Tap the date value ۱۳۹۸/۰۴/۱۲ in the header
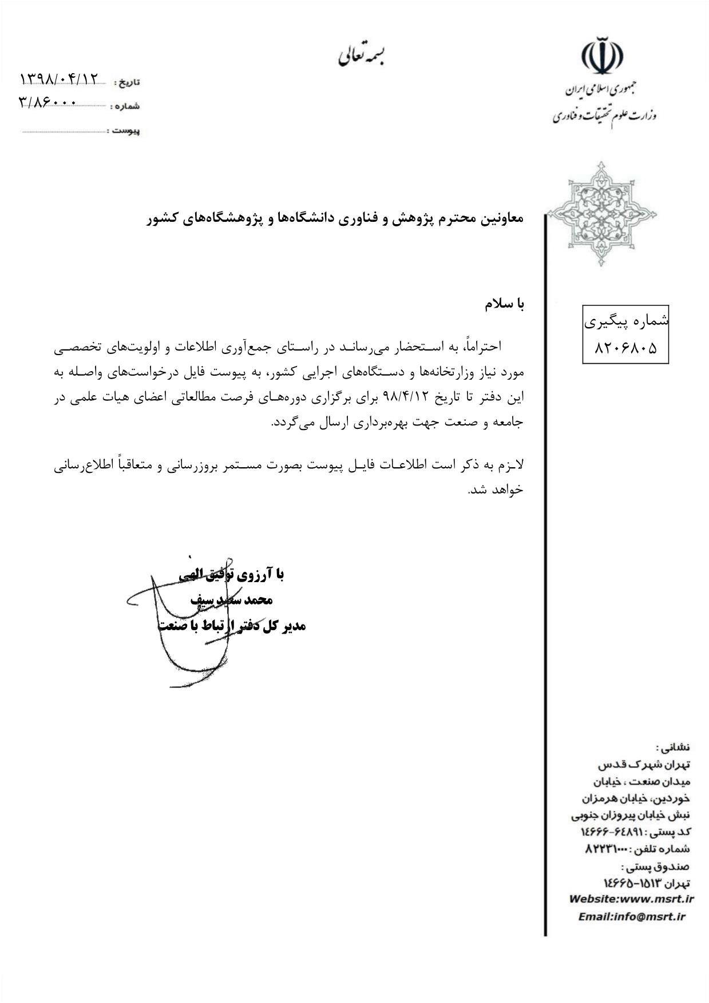tap(60, 78)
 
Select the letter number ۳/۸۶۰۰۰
tap(47, 102)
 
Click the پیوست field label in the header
tap(126, 131)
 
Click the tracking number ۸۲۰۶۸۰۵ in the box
tap(625, 347)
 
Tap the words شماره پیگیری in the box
tap(626, 321)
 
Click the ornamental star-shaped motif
tap(601, 214)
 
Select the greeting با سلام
tap(504, 304)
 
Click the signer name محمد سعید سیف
tap(232, 600)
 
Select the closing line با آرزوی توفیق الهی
tap(232, 574)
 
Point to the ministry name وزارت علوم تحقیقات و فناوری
tap(604, 116)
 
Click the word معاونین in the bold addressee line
tap(500, 218)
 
